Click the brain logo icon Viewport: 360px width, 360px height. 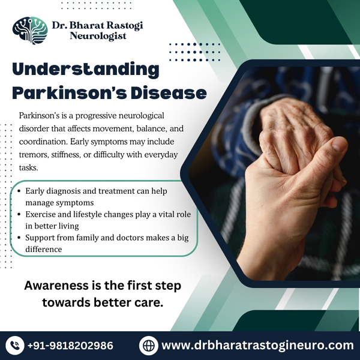coord(30,31)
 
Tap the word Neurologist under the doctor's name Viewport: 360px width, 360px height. coord(98,36)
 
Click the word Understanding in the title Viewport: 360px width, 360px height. coord(86,70)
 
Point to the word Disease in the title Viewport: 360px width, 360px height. coord(169,93)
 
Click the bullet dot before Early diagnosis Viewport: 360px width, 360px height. coord(19,191)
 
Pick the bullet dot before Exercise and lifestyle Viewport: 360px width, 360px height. coord(19,214)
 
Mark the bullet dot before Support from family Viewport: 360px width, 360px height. coord(19,238)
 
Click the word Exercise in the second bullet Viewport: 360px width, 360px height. coord(41,214)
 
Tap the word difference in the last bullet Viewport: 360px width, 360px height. coord(44,249)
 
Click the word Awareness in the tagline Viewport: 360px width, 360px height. coord(56,286)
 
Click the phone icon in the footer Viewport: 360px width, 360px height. coord(14,346)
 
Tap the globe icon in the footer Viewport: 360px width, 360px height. coord(149,346)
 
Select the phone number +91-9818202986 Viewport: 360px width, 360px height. coord(70,346)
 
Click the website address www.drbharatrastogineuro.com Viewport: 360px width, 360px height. coord(257,346)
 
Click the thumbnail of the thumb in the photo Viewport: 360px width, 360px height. coord(339,145)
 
